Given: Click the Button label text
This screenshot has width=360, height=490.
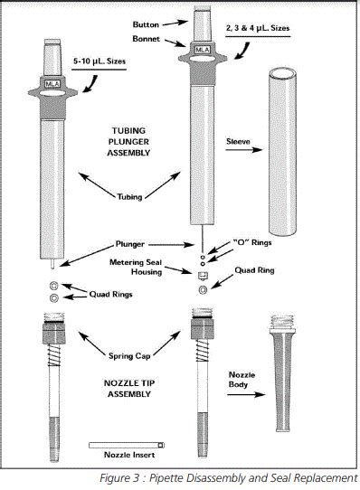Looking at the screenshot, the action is coord(146,24).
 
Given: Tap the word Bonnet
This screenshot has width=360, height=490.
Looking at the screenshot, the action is coord(146,39).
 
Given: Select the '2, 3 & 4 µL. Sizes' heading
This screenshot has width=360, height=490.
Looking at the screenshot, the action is coord(258,28).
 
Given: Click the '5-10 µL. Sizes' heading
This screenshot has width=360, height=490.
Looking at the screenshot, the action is coord(99,61).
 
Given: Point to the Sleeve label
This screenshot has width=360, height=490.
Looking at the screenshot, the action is coord(238,142).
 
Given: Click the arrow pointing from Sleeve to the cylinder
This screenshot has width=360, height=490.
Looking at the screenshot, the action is coord(244,150).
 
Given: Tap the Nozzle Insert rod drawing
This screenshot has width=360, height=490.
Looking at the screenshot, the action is coord(127,445).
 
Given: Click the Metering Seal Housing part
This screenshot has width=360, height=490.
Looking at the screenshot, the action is coord(203,276).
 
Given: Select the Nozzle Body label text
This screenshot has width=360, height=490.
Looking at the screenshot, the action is coord(242,380).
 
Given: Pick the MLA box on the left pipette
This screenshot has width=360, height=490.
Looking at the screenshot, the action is coord(52,84).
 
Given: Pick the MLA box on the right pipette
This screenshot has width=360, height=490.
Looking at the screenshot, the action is coord(203,50).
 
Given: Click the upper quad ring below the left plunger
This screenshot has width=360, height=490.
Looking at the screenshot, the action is coord(54,286).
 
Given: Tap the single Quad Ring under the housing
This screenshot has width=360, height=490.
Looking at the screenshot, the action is coord(203,290).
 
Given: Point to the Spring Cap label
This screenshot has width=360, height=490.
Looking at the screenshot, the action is coord(129,356).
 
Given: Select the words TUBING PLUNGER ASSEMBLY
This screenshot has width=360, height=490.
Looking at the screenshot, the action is coord(128,142).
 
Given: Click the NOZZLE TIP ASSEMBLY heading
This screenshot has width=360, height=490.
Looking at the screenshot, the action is coord(129,389).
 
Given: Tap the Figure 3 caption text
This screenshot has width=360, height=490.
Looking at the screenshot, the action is coord(228,478).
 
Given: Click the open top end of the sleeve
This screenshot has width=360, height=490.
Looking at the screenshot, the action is coord(283,75).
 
